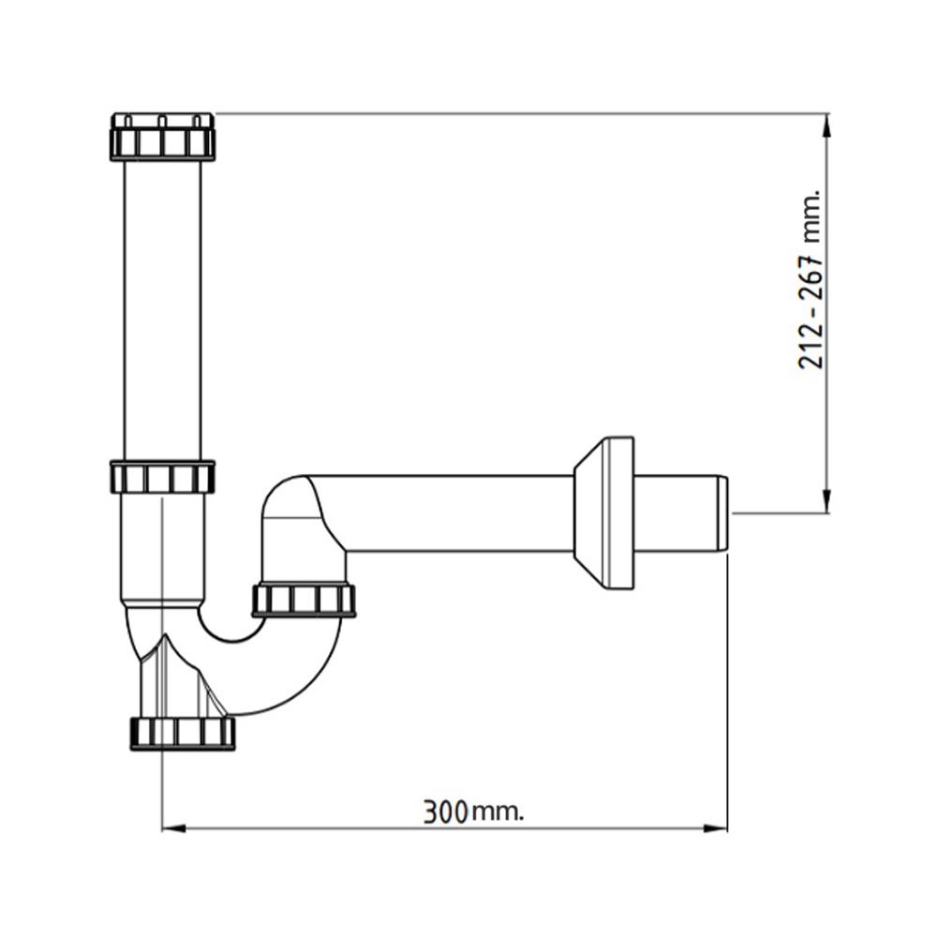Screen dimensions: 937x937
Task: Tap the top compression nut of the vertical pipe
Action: (x=162, y=137)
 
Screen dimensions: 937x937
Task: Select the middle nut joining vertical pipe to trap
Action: (x=162, y=477)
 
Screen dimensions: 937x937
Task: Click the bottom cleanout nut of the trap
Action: (x=182, y=732)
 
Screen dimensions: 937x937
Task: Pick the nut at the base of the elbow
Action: (x=304, y=600)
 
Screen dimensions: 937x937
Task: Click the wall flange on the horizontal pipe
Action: (x=604, y=513)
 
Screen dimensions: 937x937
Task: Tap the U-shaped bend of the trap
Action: (x=272, y=675)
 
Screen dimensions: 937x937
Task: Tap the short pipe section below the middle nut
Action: (x=162, y=548)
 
